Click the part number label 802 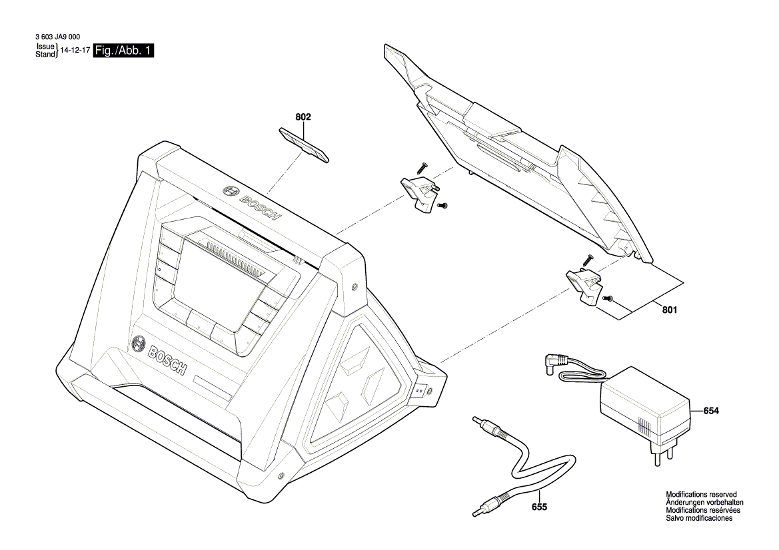point(303,117)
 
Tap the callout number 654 point(711,412)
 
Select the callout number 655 point(539,507)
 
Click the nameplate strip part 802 point(303,144)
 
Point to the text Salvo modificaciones point(699,518)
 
